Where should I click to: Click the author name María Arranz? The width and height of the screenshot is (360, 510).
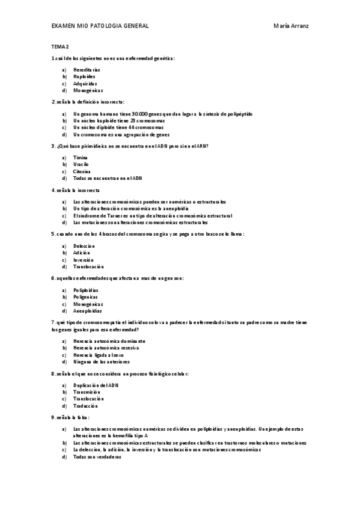[x=291, y=26]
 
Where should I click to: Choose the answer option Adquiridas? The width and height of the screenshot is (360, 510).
[x=85, y=84]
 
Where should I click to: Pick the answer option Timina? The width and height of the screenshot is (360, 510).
[x=81, y=157]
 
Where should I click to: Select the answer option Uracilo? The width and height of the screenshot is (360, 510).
[x=81, y=164]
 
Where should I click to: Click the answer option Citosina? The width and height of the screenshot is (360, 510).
[x=82, y=171]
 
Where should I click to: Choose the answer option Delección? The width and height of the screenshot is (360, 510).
[x=84, y=246]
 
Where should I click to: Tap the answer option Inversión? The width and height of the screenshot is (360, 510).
[x=84, y=260]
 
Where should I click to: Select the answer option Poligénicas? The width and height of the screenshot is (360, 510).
[x=85, y=297]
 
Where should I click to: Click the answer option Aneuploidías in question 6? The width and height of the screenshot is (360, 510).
[x=88, y=311]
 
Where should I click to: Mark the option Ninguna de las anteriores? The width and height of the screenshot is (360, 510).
[x=100, y=362]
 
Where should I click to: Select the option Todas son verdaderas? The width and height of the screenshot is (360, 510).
[x=97, y=457]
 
